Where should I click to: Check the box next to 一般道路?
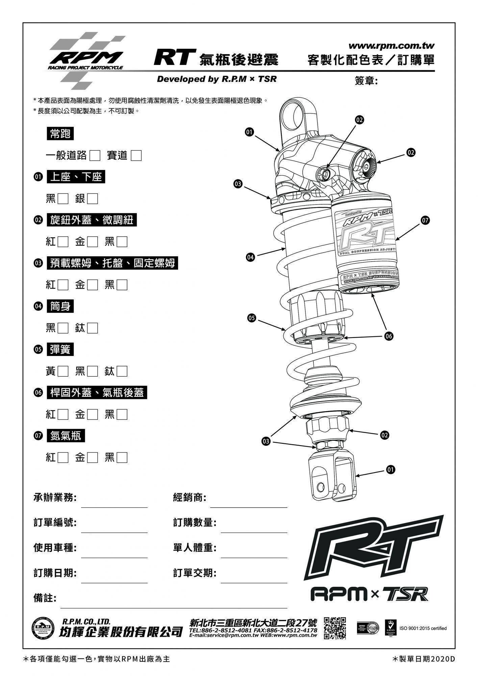(95, 155)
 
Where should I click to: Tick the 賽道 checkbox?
(136, 155)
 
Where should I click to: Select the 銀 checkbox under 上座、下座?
(93, 198)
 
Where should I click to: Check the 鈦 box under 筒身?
(93, 328)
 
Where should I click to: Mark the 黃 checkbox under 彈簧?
(63, 371)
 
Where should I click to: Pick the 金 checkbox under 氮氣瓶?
(93, 458)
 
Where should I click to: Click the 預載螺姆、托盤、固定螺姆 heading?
(112, 263)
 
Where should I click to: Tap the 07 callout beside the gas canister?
(425, 220)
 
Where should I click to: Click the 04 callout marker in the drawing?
(250, 257)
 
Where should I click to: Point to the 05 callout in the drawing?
(251, 318)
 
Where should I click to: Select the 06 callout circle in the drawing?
(389, 336)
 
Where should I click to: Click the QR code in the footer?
(335, 628)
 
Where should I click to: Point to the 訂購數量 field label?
(195, 523)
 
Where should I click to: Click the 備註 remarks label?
(45, 598)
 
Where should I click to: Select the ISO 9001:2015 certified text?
(423, 628)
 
